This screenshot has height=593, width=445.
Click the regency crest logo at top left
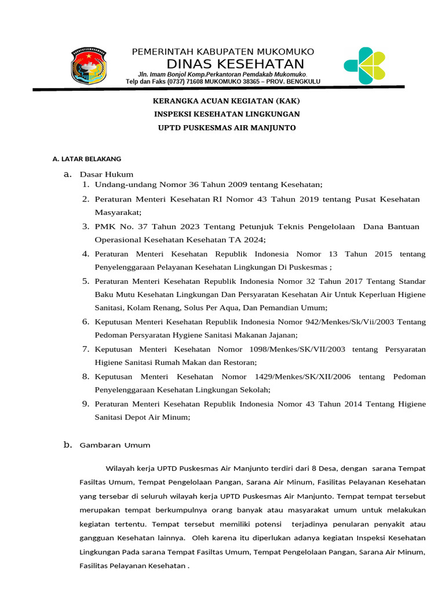(x=89, y=66)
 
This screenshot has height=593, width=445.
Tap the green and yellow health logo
(x=364, y=64)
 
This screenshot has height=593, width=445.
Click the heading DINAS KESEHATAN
(x=235, y=64)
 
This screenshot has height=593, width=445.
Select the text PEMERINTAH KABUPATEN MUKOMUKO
(x=223, y=52)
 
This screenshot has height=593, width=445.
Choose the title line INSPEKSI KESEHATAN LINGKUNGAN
(x=226, y=114)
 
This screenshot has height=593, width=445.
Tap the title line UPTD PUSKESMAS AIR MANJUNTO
(x=227, y=127)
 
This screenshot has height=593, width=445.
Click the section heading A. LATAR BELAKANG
(x=87, y=159)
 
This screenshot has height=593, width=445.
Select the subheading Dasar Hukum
(x=107, y=174)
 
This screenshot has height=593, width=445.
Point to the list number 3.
(x=85, y=226)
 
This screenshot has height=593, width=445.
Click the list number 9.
(x=85, y=403)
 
